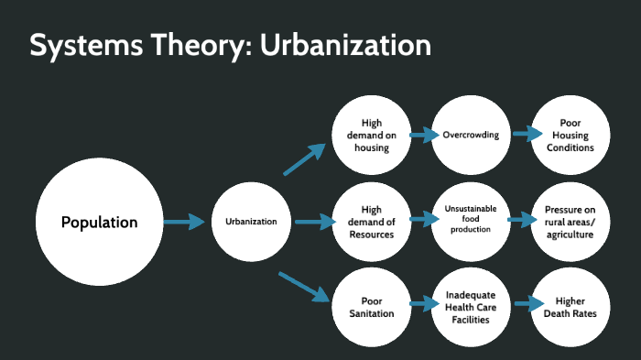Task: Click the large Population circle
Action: (99, 222)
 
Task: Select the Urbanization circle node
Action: (251, 222)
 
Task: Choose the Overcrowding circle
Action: (470, 136)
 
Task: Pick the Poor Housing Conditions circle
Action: (570, 136)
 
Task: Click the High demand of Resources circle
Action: (371, 222)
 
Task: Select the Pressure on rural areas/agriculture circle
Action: (570, 222)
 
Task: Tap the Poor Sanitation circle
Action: (371, 306)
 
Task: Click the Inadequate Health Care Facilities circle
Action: (470, 306)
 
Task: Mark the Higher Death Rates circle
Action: (570, 306)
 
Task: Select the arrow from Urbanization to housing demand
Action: (305, 159)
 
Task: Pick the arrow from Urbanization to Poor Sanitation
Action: (304, 285)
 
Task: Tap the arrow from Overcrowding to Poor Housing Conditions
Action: (526, 134)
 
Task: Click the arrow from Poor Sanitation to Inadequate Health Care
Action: (422, 303)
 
